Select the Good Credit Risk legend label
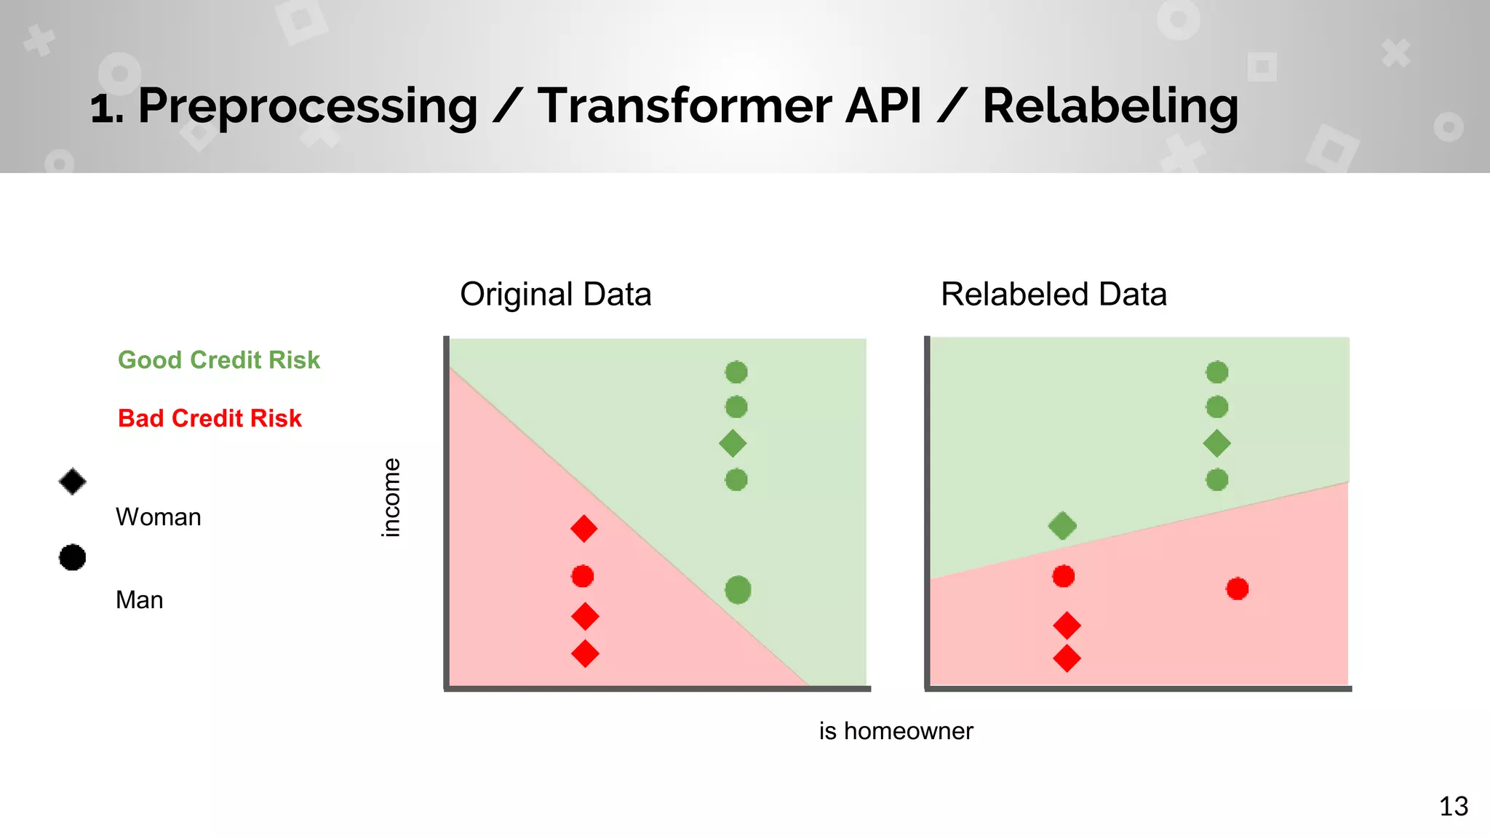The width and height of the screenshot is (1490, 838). pyautogui.click(x=219, y=360)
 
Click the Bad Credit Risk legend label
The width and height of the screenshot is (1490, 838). pyautogui.click(x=210, y=418)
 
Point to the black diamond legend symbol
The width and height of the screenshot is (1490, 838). pyautogui.click(x=73, y=482)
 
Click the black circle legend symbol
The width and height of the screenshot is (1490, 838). pyautogui.click(x=73, y=558)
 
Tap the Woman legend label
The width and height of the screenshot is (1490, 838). pyautogui.click(x=159, y=517)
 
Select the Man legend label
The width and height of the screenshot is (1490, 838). pyautogui.click(x=140, y=600)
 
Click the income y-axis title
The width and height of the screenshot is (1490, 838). pyautogui.click(x=391, y=498)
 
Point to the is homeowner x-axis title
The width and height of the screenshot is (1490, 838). pyautogui.click(x=896, y=731)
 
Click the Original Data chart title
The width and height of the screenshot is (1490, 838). pyautogui.click(x=556, y=295)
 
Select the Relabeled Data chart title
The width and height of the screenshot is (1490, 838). pyautogui.click(x=1053, y=295)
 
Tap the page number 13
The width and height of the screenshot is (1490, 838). pyautogui.click(x=1454, y=806)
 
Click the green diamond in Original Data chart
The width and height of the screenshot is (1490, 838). pyautogui.click(x=733, y=443)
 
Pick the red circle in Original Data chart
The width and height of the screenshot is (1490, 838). pyautogui.click(x=583, y=576)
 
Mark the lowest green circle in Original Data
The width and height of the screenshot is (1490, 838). pyautogui.click(x=738, y=590)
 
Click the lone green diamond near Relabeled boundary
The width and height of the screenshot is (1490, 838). pyautogui.click(x=1062, y=525)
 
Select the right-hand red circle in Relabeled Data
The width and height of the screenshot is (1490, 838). pyautogui.click(x=1237, y=588)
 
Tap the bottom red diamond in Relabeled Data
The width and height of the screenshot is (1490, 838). pyautogui.click(x=1067, y=658)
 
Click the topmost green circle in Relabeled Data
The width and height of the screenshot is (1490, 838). pyautogui.click(x=1217, y=372)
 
